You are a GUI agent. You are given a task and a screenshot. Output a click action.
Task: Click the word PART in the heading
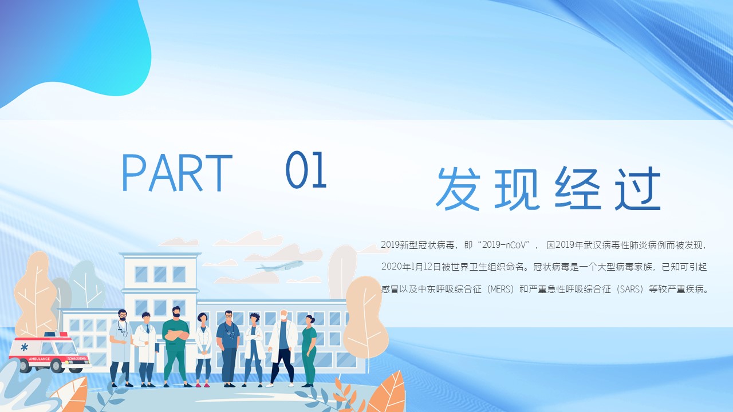[177, 173]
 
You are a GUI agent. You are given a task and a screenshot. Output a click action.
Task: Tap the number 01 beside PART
[306, 169]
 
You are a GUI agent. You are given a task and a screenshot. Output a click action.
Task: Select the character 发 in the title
[458, 189]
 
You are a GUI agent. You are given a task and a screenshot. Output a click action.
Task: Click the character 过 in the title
[638, 188]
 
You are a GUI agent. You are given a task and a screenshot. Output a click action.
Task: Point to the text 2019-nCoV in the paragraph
[506, 244]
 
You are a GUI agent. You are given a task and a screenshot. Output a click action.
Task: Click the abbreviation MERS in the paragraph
[501, 290]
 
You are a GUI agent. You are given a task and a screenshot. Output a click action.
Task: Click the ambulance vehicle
[49, 352]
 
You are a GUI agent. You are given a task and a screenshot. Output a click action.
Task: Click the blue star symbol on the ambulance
[24, 347]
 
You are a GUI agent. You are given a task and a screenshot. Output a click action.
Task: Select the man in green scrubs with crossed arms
[176, 347]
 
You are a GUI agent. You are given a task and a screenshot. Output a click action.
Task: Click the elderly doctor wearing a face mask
[283, 348]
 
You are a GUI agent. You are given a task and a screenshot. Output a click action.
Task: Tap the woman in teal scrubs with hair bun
[309, 351]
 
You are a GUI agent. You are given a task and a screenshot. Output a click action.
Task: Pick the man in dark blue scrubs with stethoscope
[228, 348]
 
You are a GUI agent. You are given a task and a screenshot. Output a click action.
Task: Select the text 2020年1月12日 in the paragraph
[411, 267]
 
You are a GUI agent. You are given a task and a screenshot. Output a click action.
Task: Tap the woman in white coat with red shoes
[203, 350]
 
